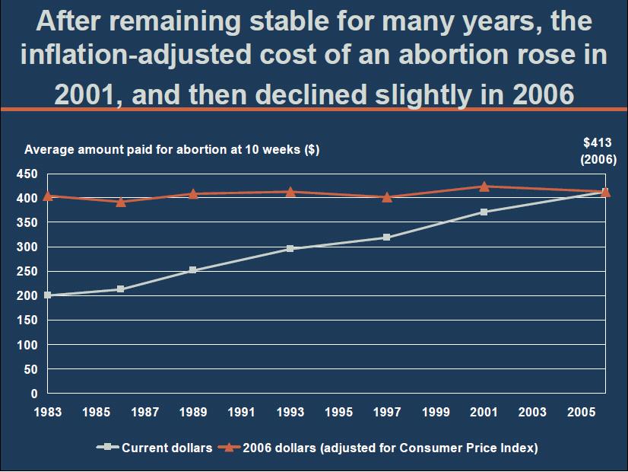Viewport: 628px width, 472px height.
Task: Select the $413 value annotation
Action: click(x=598, y=142)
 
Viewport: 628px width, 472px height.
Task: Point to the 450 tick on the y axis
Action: click(x=27, y=174)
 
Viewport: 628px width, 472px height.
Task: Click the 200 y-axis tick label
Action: click(x=27, y=296)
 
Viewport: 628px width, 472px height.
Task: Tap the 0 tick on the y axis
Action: click(x=33, y=394)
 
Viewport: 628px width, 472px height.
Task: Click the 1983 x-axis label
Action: click(x=48, y=413)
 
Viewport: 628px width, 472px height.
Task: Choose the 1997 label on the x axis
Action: click(x=387, y=413)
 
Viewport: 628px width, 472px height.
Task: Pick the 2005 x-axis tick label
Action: click(x=581, y=413)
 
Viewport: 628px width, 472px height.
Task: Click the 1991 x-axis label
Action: click(x=242, y=413)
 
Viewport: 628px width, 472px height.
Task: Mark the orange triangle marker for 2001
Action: click(x=484, y=186)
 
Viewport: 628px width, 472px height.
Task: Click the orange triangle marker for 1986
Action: click(x=121, y=202)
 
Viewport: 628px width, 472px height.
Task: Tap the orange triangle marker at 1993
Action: click(x=290, y=191)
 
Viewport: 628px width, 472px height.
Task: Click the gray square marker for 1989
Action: click(x=193, y=270)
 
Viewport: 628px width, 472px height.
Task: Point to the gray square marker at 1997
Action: click(x=387, y=238)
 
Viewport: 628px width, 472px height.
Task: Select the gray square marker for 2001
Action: click(x=484, y=212)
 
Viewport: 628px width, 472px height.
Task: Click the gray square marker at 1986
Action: click(x=121, y=289)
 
